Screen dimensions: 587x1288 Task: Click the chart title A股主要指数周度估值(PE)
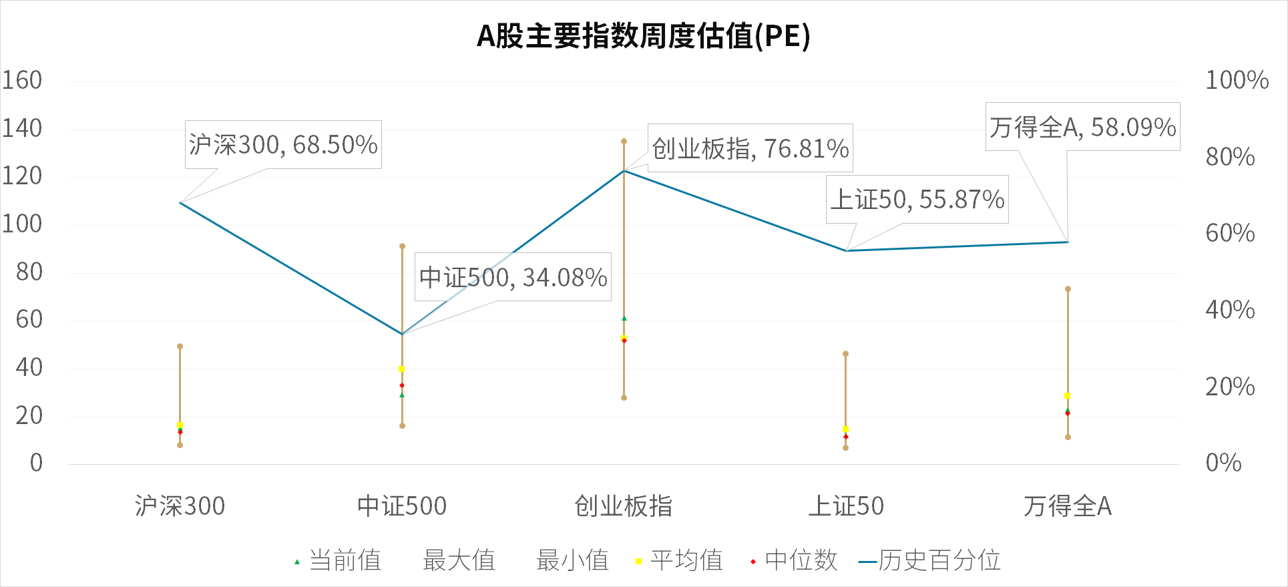(643, 36)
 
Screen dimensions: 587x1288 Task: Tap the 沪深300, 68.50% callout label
(283, 144)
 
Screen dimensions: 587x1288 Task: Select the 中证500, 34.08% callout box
(513, 277)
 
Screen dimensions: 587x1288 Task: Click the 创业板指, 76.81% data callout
(750, 148)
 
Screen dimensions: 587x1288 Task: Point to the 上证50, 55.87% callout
(917, 199)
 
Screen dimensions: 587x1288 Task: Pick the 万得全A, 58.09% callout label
(1082, 127)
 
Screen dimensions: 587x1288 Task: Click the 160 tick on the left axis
(22, 80)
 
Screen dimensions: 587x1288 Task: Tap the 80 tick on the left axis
(29, 272)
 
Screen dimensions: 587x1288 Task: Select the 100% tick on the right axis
(1237, 80)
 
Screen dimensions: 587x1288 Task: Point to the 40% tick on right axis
(1230, 310)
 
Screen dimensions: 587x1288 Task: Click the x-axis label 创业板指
(624, 506)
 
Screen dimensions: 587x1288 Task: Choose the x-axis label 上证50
(846, 506)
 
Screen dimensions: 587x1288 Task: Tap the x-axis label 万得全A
(1068, 506)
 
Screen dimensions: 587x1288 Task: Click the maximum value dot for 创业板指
(624, 142)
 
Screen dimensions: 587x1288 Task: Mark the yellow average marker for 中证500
(402, 369)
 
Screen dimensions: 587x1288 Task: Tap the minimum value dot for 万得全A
(1068, 437)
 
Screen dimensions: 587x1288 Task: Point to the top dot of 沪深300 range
(180, 347)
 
